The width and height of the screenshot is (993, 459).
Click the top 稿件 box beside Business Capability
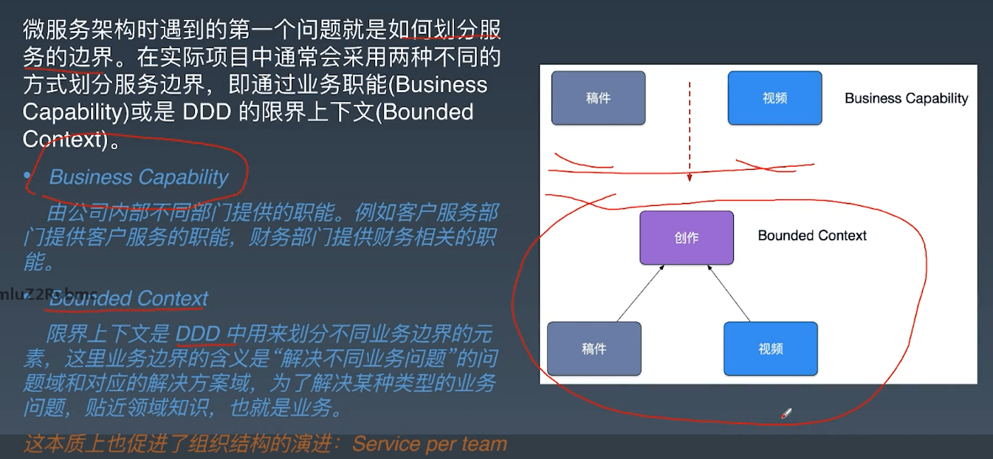(598, 97)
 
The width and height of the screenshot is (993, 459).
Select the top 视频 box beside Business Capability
(774, 97)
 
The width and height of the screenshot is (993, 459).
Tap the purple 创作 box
(687, 238)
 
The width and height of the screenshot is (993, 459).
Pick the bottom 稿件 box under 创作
(594, 349)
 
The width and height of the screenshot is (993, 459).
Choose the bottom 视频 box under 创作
(770, 349)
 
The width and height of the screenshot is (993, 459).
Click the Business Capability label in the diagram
(906, 98)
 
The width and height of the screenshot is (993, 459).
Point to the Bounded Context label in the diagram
(812, 235)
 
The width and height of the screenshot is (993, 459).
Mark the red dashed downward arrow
(689, 133)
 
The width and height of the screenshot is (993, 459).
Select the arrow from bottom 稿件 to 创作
(639, 294)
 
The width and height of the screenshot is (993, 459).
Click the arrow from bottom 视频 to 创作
(729, 294)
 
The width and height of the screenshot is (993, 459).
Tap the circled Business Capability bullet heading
(139, 177)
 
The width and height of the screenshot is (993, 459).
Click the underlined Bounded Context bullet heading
(128, 299)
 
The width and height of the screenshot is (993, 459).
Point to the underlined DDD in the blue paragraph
(198, 334)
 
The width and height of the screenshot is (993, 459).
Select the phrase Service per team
(430, 444)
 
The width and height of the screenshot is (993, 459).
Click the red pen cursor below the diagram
(785, 415)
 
